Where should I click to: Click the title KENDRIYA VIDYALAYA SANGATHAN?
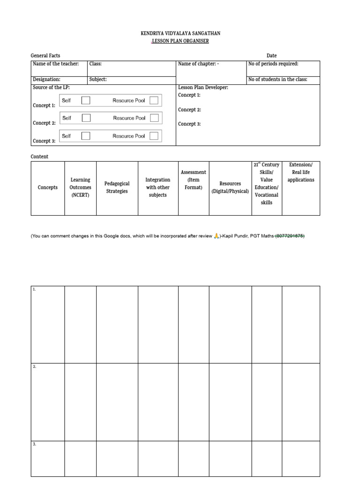click(x=180, y=34)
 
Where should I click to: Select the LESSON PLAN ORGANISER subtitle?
click(x=180, y=41)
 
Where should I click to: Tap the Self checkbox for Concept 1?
click(x=86, y=100)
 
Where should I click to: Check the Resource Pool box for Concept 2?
click(x=154, y=118)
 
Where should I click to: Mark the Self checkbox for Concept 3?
click(x=86, y=136)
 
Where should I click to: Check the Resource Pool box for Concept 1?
click(x=154, y=100)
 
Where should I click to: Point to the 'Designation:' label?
click(x=46, y=80)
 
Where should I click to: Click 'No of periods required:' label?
click(x=273, y=64)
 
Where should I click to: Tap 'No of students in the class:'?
click(x=278, y=80)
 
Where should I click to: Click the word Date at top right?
click(x=271, y=56)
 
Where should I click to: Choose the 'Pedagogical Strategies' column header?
click(x=117, y=187)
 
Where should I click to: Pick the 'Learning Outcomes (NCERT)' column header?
click(x=81, y=187)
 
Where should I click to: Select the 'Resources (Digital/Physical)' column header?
click(x=230, y=187)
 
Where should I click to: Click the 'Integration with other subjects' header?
click(x=157, y=187)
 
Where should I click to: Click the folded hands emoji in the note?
click(x=217, y=237)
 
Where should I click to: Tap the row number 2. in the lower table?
click(x=35, y=367)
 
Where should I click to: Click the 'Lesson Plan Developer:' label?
click(x=203, y=88)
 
